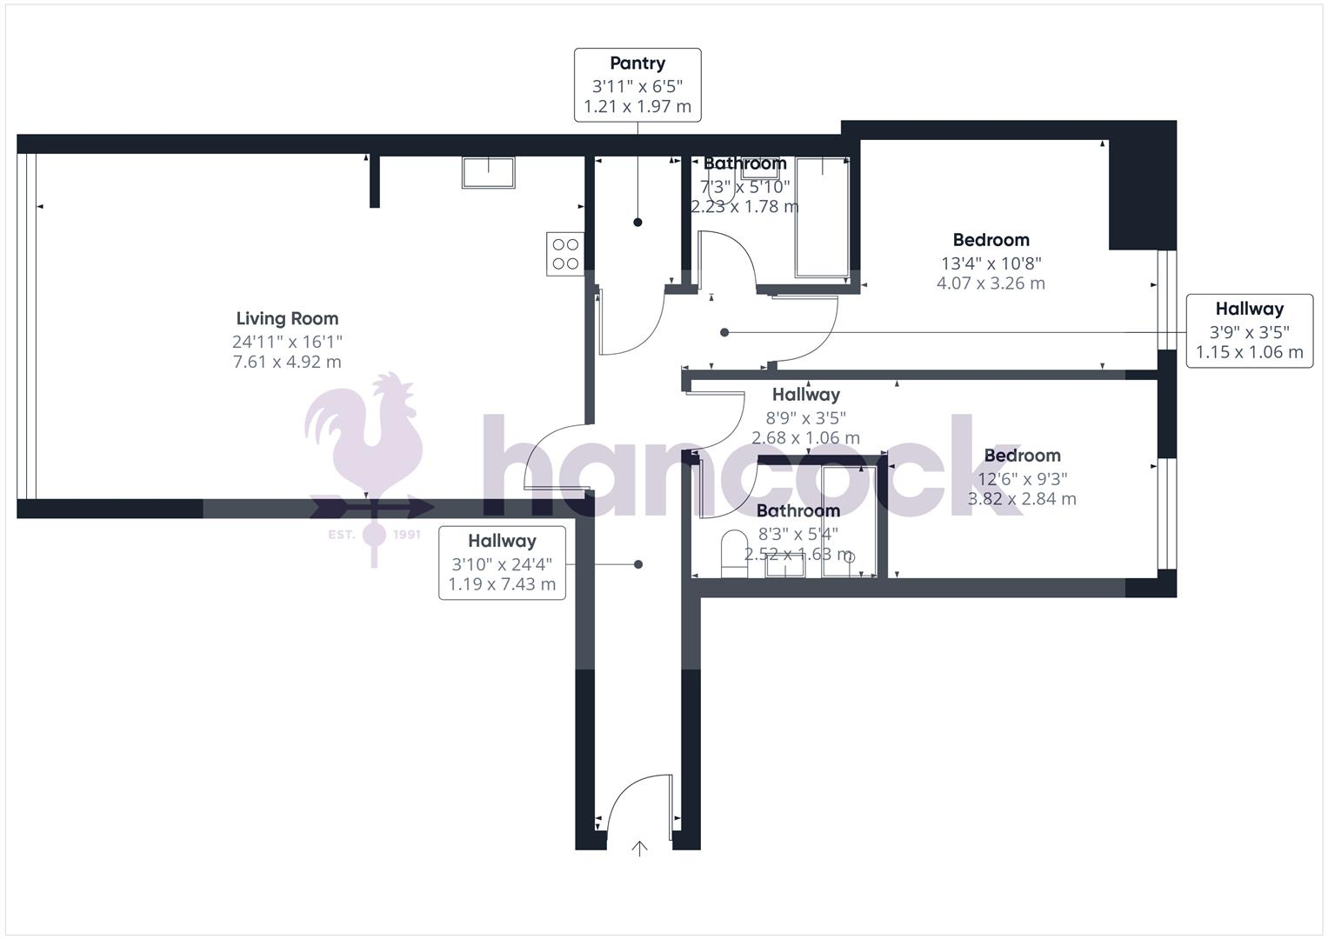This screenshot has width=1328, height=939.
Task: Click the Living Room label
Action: pos(287,319)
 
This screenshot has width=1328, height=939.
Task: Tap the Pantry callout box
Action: pos(637,84)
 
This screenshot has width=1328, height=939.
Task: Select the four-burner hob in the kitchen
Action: pos(565,254)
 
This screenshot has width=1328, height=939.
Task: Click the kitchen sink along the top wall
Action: pos(488,172)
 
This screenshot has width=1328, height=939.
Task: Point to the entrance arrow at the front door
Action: pos(639,849)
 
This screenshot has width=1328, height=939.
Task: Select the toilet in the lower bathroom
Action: pos(734,554)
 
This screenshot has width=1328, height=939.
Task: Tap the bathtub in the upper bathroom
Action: pos(822,217)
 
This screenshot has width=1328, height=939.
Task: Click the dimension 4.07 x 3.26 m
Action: pos(991,283)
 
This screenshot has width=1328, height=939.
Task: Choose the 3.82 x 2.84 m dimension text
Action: pos(1022,499)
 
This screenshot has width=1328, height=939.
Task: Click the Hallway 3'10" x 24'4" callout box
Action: pos(502,563)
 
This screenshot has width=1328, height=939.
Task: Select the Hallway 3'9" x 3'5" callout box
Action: pos(1249,330)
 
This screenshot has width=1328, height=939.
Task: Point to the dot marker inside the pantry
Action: pos(637,223)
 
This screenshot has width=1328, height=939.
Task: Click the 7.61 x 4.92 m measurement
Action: pos(287,362)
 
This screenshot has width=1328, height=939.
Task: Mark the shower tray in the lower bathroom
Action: pos(849,522)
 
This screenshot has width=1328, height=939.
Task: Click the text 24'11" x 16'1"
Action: pos(287,342)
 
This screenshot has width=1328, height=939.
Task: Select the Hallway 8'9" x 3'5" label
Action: pos(805,395)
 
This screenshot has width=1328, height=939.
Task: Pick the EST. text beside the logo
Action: pos(341,534)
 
